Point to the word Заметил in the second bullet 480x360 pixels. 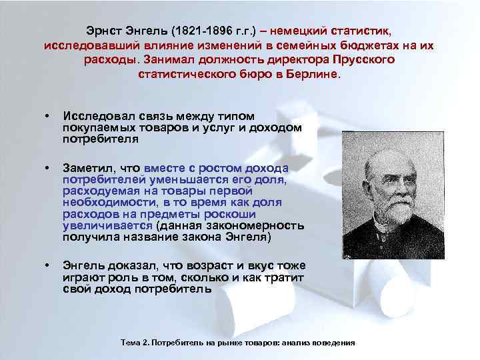pyautogui.click(x=84, y=167)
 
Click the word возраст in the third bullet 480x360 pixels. pyautogui.click(x=205, y=265)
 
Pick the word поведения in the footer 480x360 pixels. pyautogui.click(x=334, y=342)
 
